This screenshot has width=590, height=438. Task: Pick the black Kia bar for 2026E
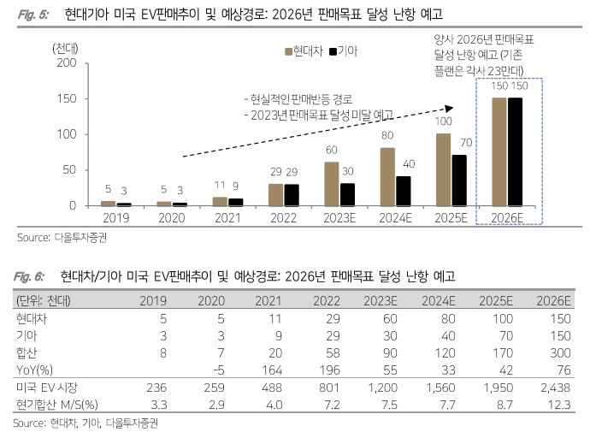516,151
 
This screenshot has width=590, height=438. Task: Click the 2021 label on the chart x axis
221,218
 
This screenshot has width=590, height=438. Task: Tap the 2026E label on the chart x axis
508,218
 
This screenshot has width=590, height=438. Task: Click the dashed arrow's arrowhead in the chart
449,108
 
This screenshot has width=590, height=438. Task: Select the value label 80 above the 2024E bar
387,135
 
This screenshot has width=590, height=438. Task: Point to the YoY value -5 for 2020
217,372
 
